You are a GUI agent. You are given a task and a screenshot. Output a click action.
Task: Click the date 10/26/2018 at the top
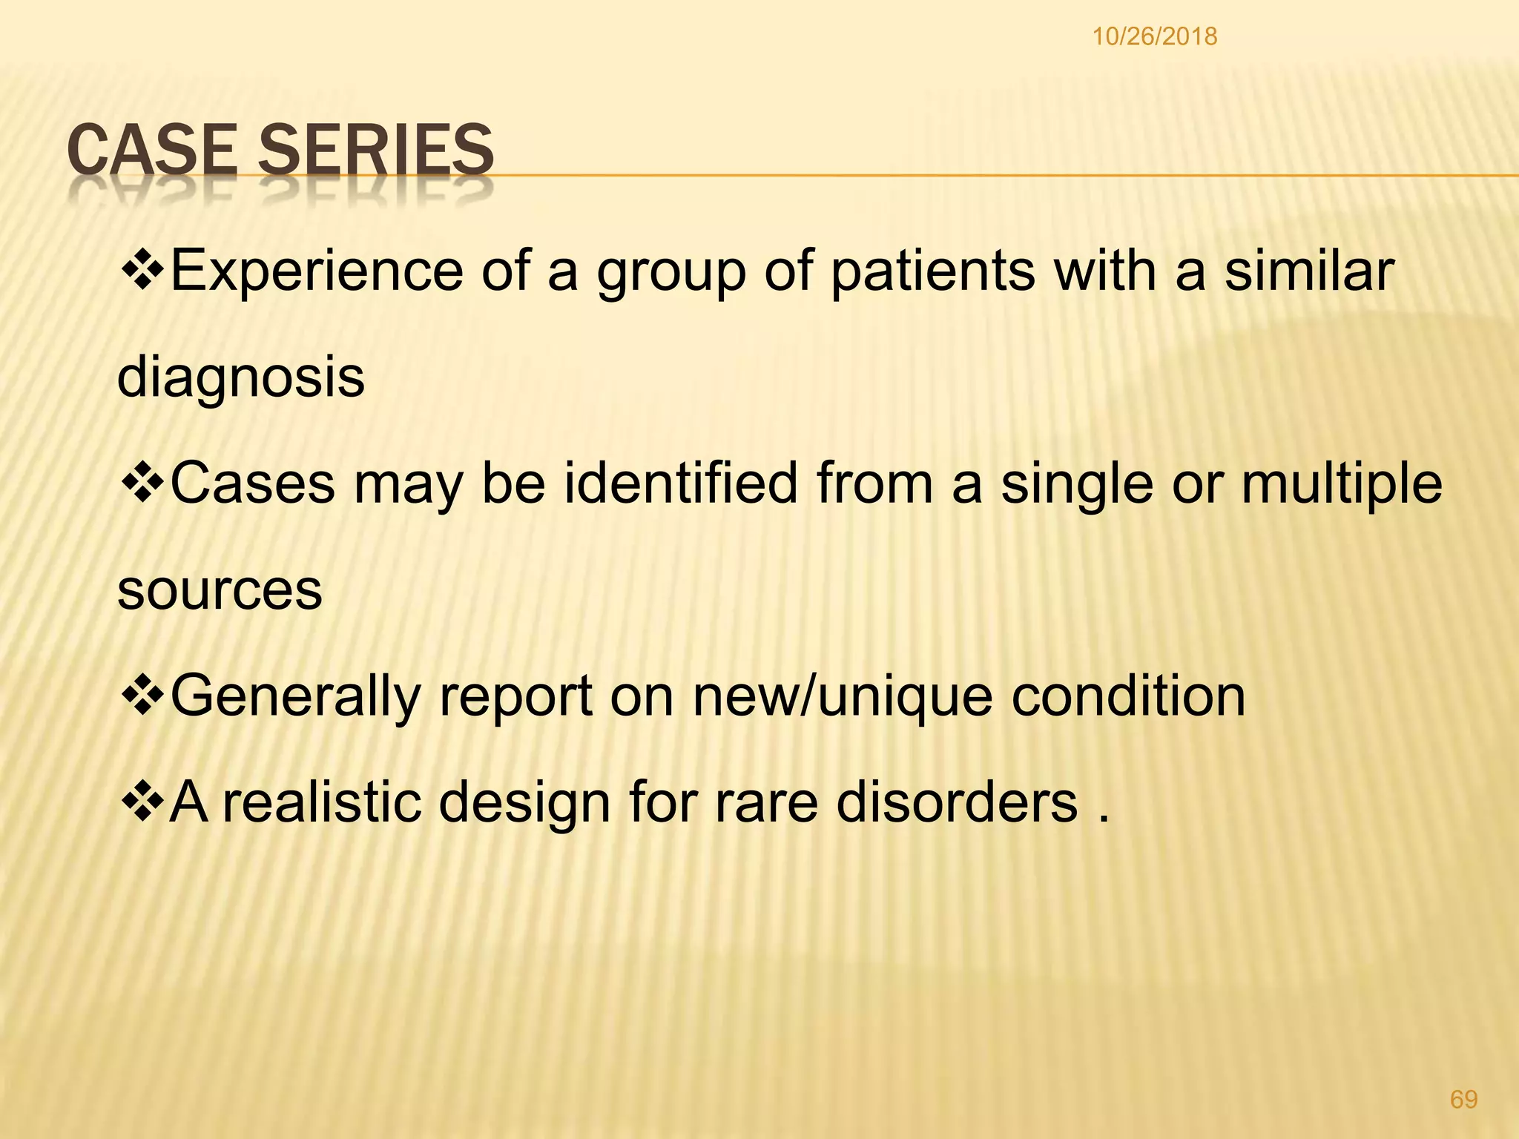pos(1154,36)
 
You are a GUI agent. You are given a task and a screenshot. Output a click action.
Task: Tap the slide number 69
pos(1463,1099)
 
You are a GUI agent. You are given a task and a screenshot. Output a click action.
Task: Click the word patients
pos(932,271)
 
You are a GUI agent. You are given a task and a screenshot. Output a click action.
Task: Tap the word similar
pos(1309,271)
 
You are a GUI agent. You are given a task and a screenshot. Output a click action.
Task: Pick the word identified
pos(681,483)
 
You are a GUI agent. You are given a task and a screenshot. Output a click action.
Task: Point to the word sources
pos(220,590)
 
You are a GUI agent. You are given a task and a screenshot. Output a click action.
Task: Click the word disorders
pos(957,803)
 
